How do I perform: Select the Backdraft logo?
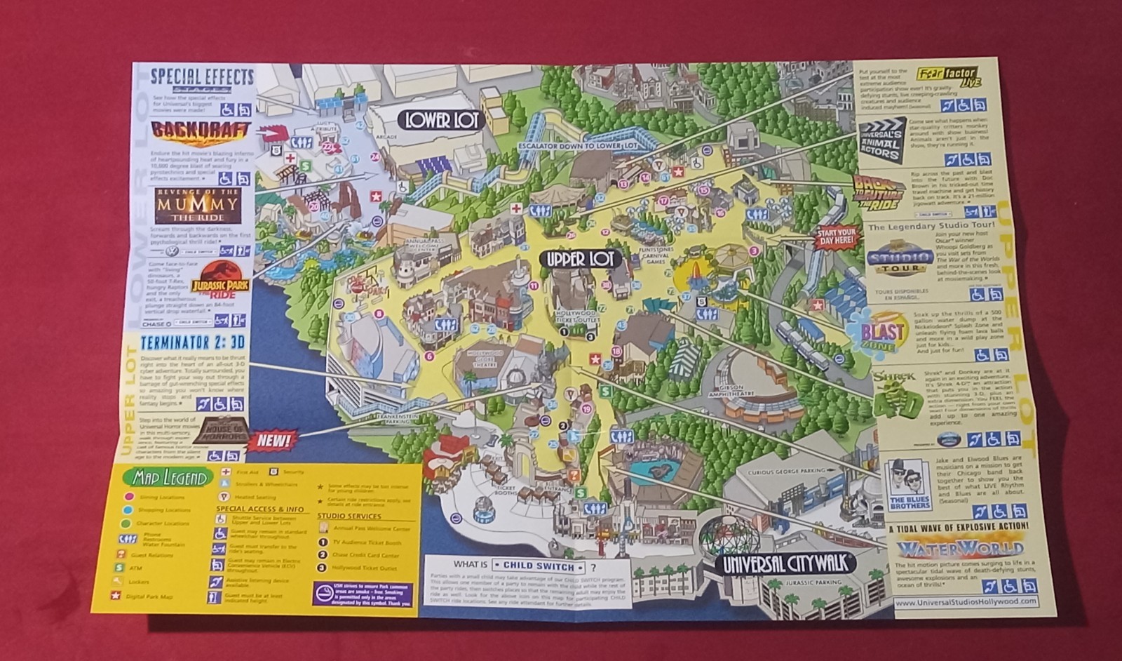pyautogui.click(x=201, y=131)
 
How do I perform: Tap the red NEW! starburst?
pyautogui.click(x=272, y=441)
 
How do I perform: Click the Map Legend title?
pyautogui.click(x=168, y=478)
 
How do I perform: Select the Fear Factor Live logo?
pyautogui.click(x=949, y=78)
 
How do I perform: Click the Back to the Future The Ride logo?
pyautogui.click(x=877, y=192)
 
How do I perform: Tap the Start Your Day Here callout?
pyautogui.click(x=837, y=236)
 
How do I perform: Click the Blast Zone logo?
pyautogui.click(x=877, y=332)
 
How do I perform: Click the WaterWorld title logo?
pyautogui.click(x=959, y=547)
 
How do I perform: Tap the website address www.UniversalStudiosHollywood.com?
pyautogui.click(x=966, y=601)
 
